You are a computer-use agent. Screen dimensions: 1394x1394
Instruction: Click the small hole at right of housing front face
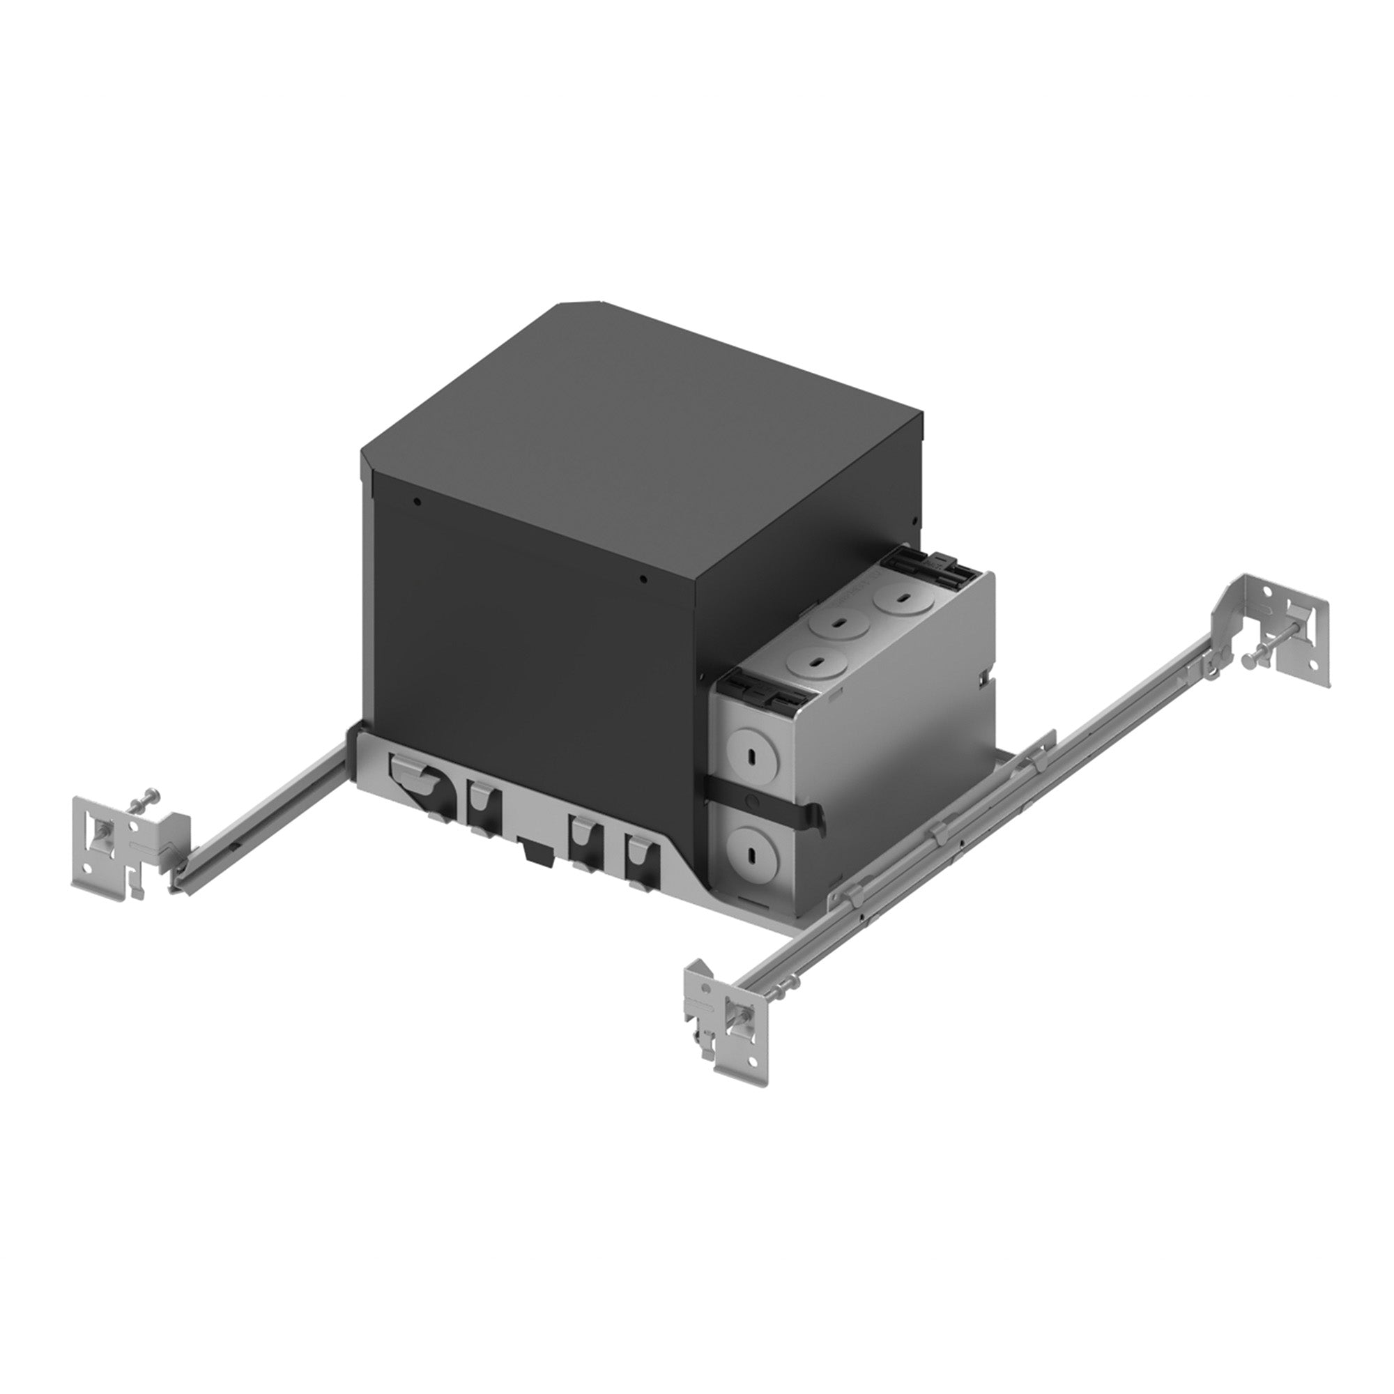click(644, 577)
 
